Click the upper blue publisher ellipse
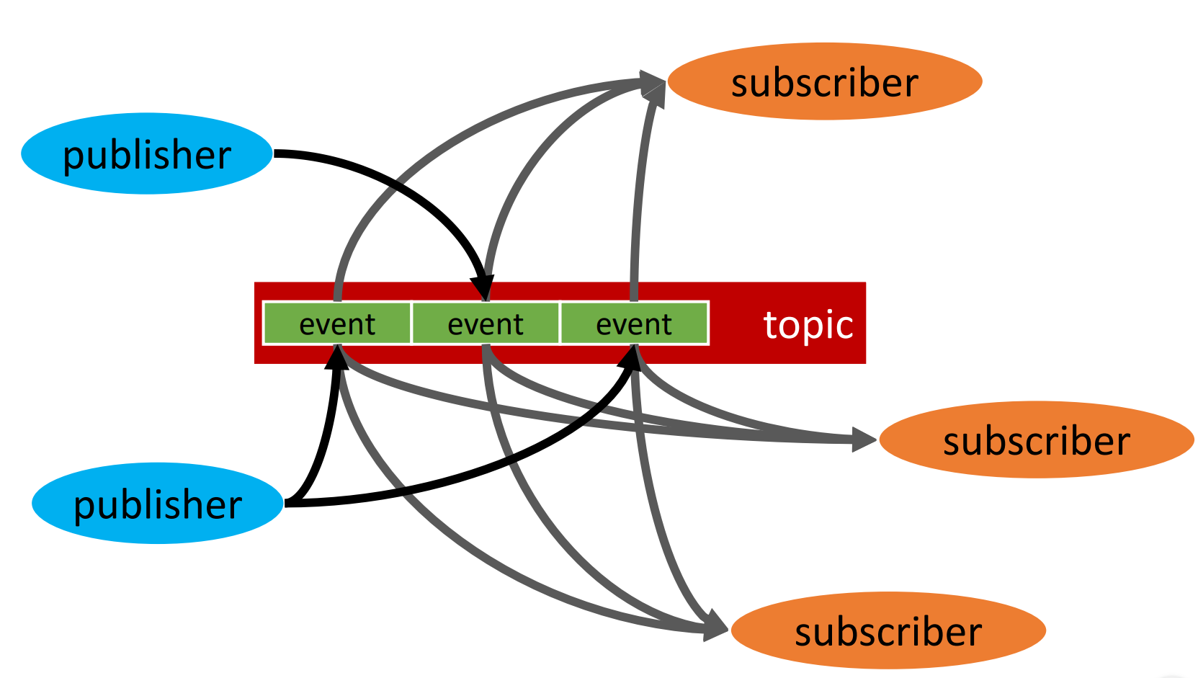(147, 153)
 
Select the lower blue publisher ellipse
(157, 503)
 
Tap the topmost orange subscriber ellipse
(825, 81)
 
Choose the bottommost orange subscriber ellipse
(888, 630)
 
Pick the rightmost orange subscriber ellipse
(1037, 440)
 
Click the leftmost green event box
(337, 324)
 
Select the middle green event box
(486, 324)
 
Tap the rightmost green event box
(634, 324)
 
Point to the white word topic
(808, 324)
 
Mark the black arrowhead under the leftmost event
(336, 357)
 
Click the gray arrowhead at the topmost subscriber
(653, 84)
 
